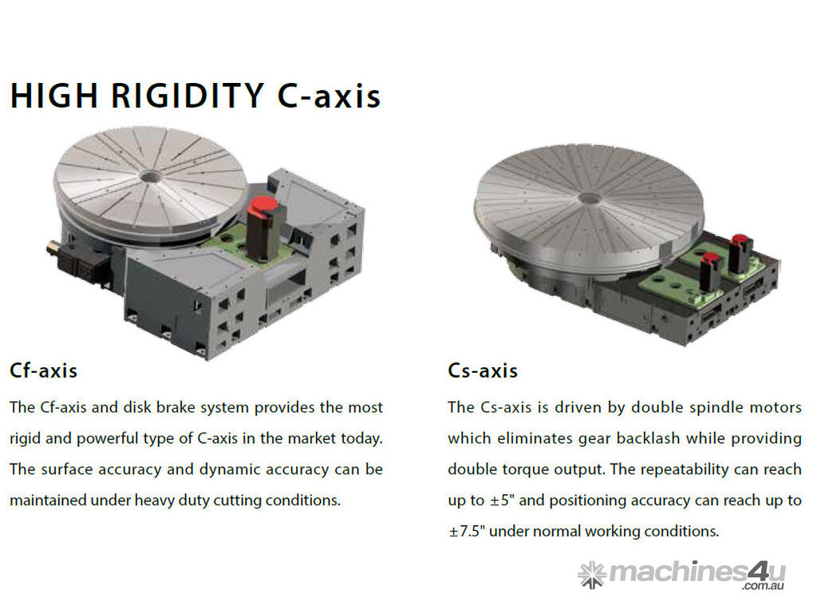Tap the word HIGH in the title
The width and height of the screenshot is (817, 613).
pos(54,96)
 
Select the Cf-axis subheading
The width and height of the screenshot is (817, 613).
pos(44,370)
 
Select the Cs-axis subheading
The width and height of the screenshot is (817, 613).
pos(483,370)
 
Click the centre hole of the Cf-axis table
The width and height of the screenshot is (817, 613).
pos(150,177)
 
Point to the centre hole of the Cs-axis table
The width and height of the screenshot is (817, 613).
pos(590,198)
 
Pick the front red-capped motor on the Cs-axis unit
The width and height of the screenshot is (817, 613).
pos(710,271)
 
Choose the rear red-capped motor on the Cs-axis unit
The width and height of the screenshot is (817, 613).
pos(740,254)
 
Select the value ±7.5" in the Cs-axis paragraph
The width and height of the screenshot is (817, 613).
pos(466,531)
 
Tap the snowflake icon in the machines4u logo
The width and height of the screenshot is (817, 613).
pos(592,575)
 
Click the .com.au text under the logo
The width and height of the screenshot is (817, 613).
pos(764,587)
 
